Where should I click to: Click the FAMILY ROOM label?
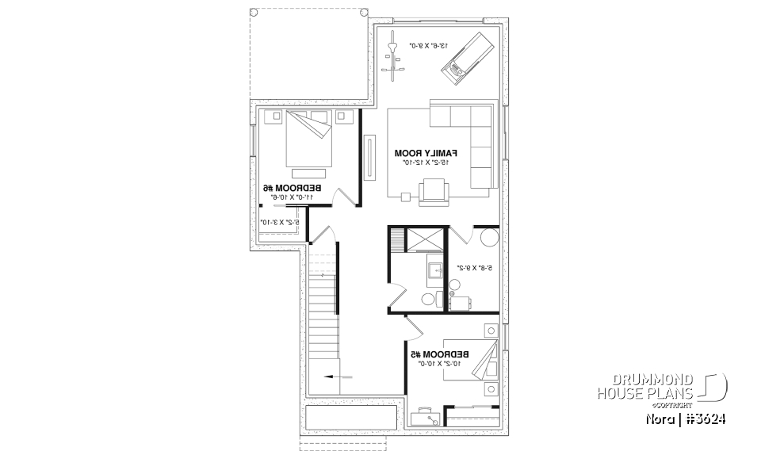(x=426, y=151)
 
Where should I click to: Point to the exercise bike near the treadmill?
(x=393, y=58)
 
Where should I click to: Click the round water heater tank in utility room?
(x=488, y=238)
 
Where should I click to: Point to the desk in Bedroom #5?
(x=426, y=417)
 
